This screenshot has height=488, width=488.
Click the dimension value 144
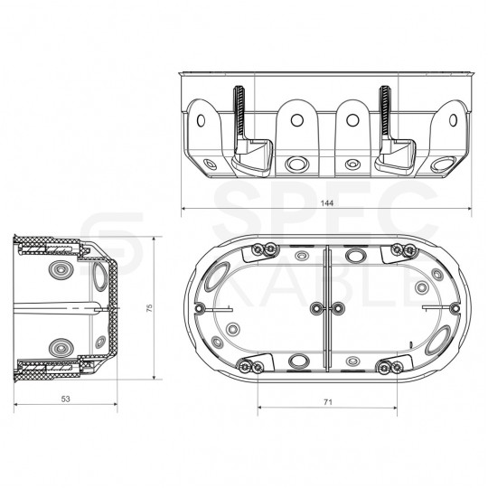click(327, 203)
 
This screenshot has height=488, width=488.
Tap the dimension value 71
click(328, 402)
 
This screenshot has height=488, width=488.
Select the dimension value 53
click(65, 399)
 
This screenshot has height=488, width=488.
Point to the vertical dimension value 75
click(150, 308)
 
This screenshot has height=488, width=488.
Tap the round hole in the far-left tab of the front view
click(201, 120)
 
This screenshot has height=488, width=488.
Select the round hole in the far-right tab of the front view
click(453, 120)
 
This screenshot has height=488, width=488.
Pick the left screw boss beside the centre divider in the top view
click(317, 308)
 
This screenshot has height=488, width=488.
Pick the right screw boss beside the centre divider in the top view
click(337, 308)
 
